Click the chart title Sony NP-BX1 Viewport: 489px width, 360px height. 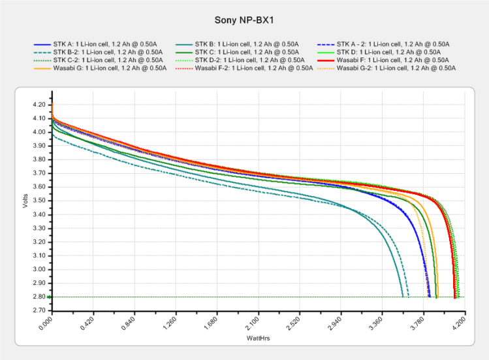244,20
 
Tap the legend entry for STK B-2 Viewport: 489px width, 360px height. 99,52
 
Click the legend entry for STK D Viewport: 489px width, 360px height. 383,52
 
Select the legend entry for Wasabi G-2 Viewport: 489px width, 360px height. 390,67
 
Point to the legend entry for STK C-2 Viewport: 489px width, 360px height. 99,59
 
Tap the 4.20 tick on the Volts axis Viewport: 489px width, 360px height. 38,105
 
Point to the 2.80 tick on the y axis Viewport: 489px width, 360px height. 38,297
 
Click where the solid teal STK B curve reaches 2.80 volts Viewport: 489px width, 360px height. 403,297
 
